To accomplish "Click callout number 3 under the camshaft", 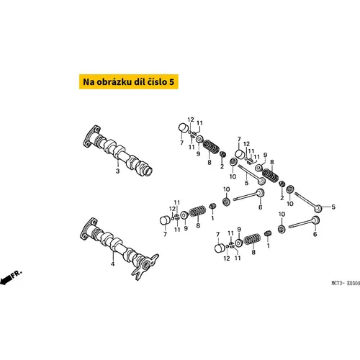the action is click(117, 171).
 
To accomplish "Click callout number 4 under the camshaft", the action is click(112, 264).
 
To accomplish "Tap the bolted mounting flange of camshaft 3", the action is click(91, 136).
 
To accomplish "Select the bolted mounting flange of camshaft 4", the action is click(89, 229).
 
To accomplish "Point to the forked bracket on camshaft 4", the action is click(145, 266).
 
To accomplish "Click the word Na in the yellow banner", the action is click(89, 82).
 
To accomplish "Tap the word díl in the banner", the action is click(139, 81).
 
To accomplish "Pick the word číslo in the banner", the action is click(157, 81).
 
